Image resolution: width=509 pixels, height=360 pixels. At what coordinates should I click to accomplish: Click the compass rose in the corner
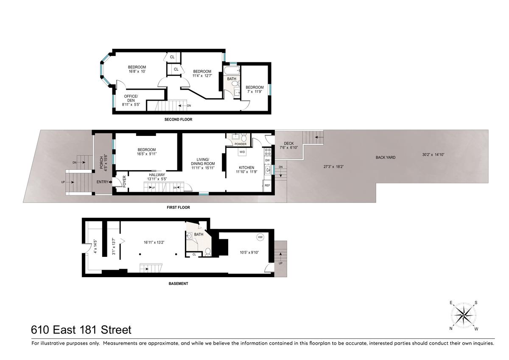[464, 316]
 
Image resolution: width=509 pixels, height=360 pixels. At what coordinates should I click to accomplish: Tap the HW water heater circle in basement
[260, 237]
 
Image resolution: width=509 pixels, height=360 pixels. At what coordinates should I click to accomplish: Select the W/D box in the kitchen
[242, 152]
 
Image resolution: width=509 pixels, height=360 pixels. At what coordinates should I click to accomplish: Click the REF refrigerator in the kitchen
[268, 186]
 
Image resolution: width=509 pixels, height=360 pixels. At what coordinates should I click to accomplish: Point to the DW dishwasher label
[268, 160]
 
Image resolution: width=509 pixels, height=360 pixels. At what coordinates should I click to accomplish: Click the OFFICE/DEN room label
[131, 98]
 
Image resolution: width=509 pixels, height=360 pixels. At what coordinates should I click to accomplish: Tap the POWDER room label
[241, 144]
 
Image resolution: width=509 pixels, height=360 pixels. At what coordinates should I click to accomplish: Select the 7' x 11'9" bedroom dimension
[255, 92]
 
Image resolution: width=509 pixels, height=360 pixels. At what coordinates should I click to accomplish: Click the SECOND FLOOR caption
[179, 119]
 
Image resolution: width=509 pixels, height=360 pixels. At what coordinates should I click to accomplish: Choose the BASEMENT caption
[179, 284]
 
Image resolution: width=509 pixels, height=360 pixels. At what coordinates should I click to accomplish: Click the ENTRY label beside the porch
[103, 182]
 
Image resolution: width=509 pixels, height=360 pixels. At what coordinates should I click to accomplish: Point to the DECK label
[289, 143]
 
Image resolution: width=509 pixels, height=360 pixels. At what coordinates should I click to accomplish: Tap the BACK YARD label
[386, 157]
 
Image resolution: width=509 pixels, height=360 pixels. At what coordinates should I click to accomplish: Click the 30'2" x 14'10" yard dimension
[433, 155]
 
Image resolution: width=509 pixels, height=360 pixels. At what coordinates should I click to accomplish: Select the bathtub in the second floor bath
[232, 70]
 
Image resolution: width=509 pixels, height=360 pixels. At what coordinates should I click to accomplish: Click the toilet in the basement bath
[208, 252]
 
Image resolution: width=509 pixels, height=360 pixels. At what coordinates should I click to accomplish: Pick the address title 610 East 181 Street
[81, 330]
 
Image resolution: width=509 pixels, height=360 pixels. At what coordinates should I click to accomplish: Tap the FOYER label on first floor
[124, 181]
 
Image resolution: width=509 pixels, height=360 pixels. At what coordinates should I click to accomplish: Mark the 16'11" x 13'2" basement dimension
[154, 242]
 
